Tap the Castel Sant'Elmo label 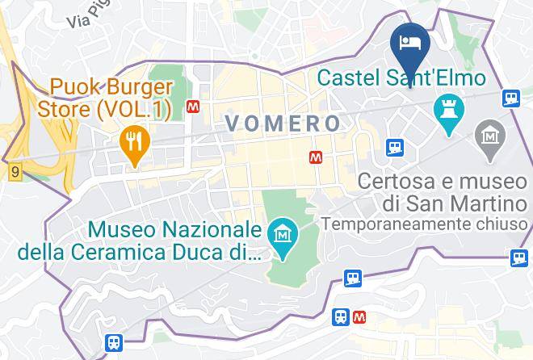tap(401, 78)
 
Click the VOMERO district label tap(283, 123)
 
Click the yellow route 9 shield tap(15, 172)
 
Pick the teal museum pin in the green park tap(283, 235)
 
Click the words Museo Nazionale tap(175, 230)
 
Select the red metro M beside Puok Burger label tap(193, 106)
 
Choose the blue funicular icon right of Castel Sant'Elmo tap(510, 98)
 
